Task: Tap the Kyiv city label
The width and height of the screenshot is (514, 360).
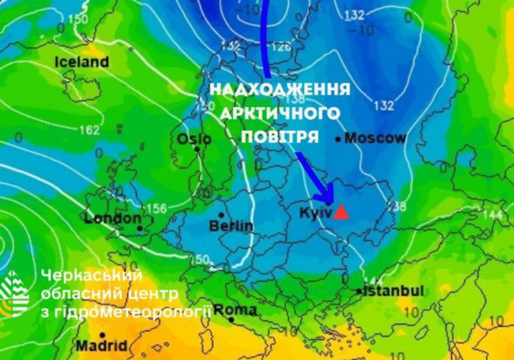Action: [x=315, y=213]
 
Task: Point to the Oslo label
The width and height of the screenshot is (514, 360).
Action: [x=194, y=139]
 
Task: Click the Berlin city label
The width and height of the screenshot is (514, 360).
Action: [x=231, y=226]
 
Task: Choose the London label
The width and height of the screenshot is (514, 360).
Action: [x=113, y=218]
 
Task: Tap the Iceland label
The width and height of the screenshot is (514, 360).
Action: [x=81, y=62]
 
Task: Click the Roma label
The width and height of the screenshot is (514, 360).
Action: [x=235, y=310]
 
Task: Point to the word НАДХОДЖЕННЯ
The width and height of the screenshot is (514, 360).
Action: [x=279, y=90]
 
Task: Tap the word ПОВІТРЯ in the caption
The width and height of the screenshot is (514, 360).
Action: [x=279, y=134]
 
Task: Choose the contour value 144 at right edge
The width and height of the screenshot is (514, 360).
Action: [x=492, y=215]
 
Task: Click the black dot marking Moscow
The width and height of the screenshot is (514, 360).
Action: [x=337, y=139]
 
